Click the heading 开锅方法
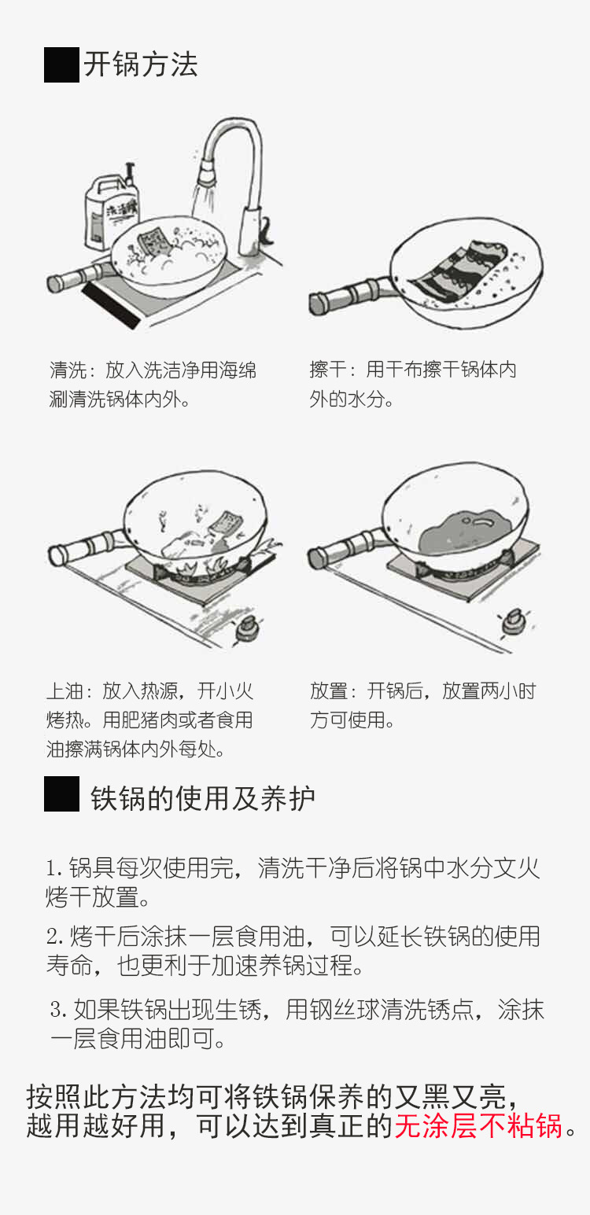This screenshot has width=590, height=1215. coord(141,64)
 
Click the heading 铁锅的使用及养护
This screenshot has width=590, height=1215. coord(203,797)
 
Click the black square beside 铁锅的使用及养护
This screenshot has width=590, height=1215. coord(61,794)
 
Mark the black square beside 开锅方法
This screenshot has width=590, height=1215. coord(61,64)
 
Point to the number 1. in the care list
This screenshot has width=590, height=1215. coord(53,869)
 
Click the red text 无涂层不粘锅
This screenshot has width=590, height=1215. coord(478,1126)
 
